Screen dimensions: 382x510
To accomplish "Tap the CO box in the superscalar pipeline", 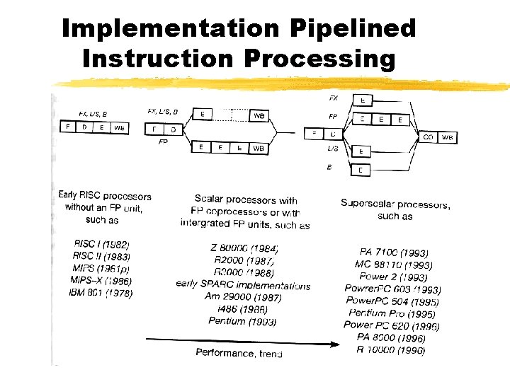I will (x=429, y=137).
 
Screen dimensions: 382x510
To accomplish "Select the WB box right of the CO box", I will (x=447, y=137).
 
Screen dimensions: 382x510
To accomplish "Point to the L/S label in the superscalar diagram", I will (x=332, y=149).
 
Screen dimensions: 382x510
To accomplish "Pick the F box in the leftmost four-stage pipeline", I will (x=68, y=127).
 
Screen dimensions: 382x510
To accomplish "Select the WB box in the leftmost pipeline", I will (x=119, y=127).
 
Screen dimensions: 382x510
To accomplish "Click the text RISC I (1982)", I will (x=101, y=244).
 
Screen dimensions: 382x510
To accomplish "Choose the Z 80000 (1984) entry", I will (x=244, y=248).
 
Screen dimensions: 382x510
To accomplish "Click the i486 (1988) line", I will (x=243, y=309).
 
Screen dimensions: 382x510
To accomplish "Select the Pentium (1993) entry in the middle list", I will (x=242, y=321).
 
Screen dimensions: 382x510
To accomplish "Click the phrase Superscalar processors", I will (x=395, y=204).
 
